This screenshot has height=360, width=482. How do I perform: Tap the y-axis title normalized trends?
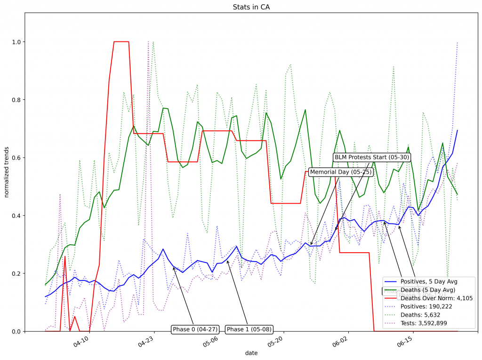[x=7, y=172]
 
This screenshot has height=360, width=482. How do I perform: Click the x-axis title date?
[x=251, y=352]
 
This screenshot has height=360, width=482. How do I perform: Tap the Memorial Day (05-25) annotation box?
[x=341, y=172]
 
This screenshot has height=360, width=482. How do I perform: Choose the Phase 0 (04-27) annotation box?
[x=195, y=329]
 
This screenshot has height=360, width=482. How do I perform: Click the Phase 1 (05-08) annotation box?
[x=249, y=329]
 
